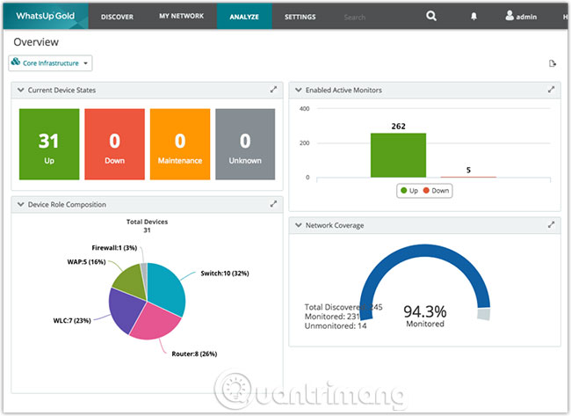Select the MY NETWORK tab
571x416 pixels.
pos(181,16)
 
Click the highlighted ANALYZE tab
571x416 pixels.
pos(243,16)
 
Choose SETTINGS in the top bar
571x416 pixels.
pos(300,16)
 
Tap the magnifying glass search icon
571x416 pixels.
pos(430,16)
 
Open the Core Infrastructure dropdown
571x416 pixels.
pos(50,63)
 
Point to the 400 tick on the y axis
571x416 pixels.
pos(305,109)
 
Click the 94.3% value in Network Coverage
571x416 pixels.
pos(425,311)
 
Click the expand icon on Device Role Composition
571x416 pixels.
pos(274,204)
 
